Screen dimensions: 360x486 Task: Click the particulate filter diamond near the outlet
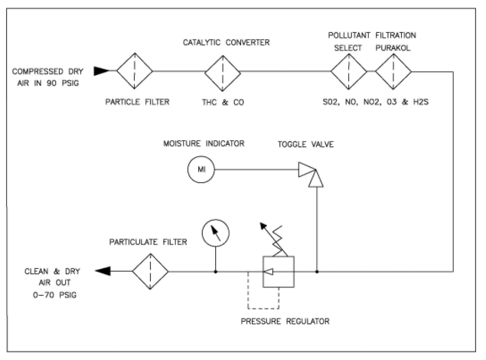(150, 271)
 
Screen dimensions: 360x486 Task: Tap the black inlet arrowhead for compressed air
(100, 72)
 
